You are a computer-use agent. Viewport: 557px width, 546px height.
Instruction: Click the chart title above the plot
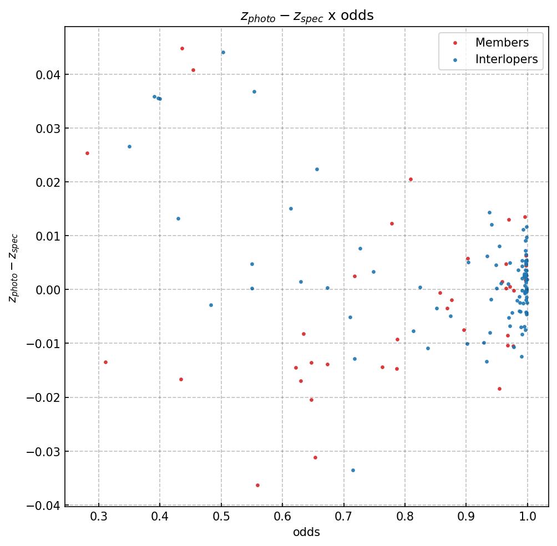click(x=307, y=16)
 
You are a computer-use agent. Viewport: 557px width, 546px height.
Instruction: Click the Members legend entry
click(x=502, y=43)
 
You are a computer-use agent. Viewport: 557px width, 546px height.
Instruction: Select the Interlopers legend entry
click(x=506, y=59)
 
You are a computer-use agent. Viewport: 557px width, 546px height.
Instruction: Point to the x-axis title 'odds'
click(x=307, y=532)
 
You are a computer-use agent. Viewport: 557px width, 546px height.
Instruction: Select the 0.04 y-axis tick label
click(x=45, y=74)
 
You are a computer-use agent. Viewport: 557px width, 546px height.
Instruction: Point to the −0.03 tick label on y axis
click(x=41, y=451)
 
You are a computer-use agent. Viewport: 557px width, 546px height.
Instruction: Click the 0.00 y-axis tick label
click(x=45, y=290)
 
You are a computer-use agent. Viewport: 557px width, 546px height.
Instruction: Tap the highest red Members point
click(x=182, y=48)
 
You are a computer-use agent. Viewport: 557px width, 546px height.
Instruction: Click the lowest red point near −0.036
click(x=257, y=485)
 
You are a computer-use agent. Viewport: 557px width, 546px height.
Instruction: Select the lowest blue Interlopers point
click(x=353, y=470)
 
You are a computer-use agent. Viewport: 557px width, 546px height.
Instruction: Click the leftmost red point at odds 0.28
click(x=87, y=153)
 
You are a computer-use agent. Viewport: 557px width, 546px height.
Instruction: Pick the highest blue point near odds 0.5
click(x=223, y=52)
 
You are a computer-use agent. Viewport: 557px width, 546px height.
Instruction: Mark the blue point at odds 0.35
click(x=129, y=146)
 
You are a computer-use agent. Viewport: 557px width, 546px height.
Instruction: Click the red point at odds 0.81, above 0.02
click(x=411, y=179)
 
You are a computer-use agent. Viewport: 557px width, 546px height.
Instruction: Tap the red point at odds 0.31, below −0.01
click(x=105, y=362)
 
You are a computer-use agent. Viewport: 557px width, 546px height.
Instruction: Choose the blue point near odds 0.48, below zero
click(x=211, y=305)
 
